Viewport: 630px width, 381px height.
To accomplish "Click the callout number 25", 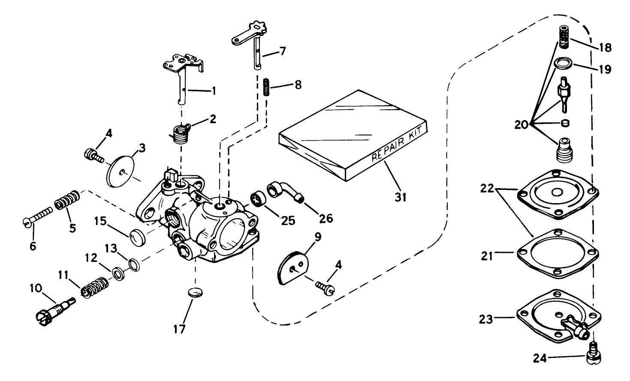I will (x=288, y=220).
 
